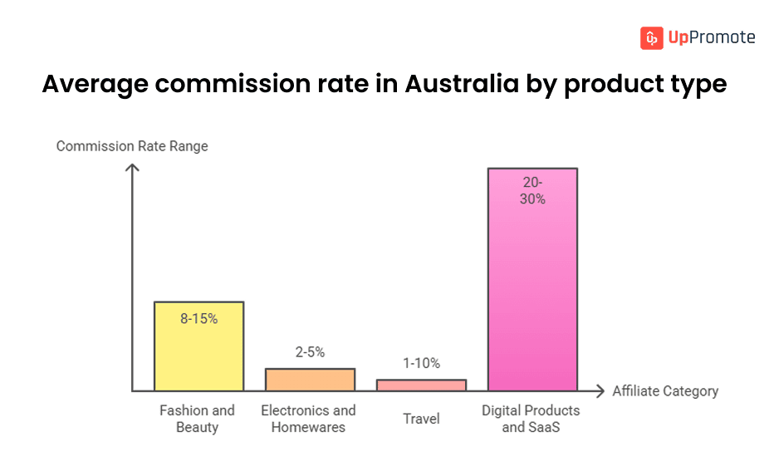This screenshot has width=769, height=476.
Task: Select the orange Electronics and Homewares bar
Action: [310, 380]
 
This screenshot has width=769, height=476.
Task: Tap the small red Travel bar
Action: [421, 385]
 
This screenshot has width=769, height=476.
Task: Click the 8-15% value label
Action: [198, 318]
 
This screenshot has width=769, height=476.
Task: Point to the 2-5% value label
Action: [310, 352]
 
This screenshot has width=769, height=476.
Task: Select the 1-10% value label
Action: [421, 363]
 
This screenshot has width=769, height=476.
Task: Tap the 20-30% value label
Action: [532, 190]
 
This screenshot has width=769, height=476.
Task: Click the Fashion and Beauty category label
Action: [197, 419]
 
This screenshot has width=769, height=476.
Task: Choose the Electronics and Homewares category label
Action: [308, 419]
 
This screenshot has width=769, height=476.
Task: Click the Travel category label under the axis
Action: [421, 419]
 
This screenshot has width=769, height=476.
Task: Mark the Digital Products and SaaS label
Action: [531, 419]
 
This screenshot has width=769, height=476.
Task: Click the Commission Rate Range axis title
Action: [132, 146]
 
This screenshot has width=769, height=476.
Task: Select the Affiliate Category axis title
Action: [665, 391]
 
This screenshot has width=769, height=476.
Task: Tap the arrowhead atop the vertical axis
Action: [132, 168]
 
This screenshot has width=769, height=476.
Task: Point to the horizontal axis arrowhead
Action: [600, 390]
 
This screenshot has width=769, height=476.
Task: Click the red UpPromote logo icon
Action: [652, 37]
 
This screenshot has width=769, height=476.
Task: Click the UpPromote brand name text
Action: [711, 37]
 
